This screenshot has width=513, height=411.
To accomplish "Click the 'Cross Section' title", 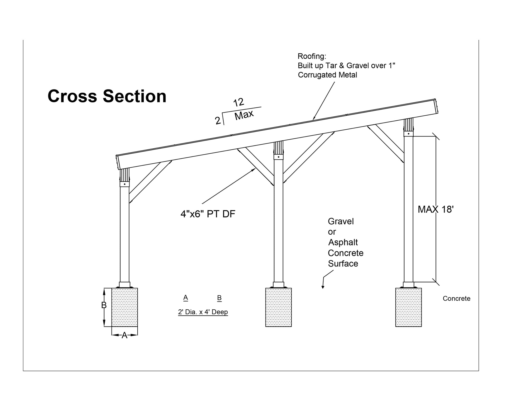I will (x=107, y=96).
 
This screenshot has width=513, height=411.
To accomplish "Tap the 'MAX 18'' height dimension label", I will (x=435, y=209).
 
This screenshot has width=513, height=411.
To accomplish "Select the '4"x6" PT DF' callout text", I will (x=208, y=214).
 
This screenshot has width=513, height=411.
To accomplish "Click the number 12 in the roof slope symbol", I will (x=239, y=102).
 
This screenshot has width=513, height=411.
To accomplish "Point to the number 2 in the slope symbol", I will (x=218, y=121).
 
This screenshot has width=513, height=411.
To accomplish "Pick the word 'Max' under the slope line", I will (x=244, y=115).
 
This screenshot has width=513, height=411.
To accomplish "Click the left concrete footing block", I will (x=125, y=307).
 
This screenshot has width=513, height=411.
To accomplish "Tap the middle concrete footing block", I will (x=278, y=307).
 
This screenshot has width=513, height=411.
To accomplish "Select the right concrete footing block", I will (x=408, y=307).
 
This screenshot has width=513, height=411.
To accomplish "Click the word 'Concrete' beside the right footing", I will (x=456, y=299).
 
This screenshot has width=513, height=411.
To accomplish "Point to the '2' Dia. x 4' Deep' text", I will (x=203, y=312).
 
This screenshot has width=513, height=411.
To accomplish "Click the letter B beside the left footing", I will (x=104, y=305).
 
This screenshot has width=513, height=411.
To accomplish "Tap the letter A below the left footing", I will (x=124, y=335).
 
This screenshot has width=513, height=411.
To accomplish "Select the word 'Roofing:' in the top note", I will (x=312, y=56).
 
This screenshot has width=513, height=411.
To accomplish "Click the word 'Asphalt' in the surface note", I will (x=343, y=242).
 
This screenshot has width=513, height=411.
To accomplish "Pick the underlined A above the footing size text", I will (x=186, y=298).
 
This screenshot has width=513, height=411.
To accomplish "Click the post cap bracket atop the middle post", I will (x=278, y=157).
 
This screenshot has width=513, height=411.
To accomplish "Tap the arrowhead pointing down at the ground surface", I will (x=323, y=287).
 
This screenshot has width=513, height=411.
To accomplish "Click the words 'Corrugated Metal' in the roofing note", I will (x=327, y=75).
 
